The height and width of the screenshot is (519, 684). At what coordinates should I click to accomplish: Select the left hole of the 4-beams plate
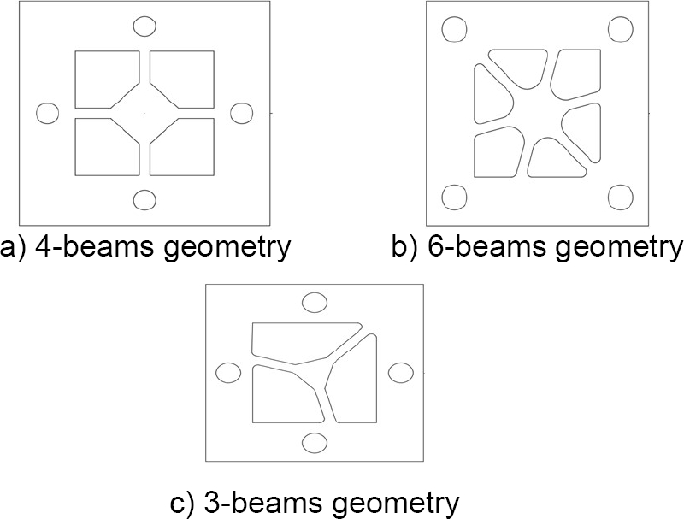point(48,113)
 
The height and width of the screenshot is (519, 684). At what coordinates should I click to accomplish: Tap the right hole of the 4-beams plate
point(244,113)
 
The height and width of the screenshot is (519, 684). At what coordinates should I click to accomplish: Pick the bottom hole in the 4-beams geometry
point(145,200)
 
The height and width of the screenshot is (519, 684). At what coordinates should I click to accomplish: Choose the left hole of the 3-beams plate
point(228,374)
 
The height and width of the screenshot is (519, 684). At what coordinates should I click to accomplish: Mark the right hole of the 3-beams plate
point(400,374)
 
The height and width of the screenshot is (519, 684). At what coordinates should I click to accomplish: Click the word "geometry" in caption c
point(401,501)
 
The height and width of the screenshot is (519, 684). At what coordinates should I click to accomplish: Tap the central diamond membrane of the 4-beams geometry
point(144,113)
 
